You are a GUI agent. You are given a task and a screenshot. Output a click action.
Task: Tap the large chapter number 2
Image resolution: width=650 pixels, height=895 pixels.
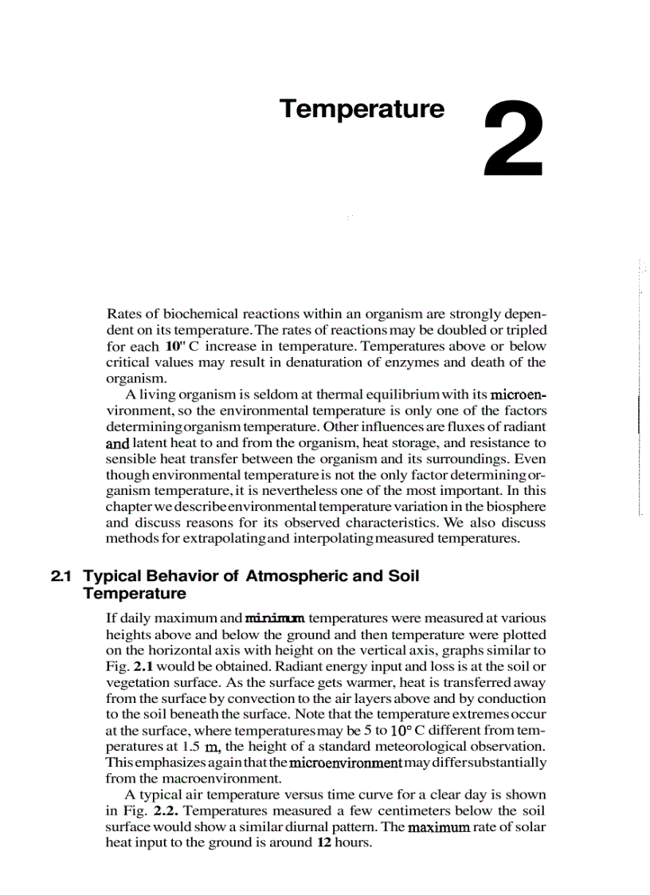(514, 139)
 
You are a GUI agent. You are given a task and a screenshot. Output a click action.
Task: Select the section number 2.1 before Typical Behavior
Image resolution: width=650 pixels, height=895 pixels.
(62, 575)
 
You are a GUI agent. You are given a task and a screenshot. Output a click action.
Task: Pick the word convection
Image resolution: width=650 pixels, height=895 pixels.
(237, 698)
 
